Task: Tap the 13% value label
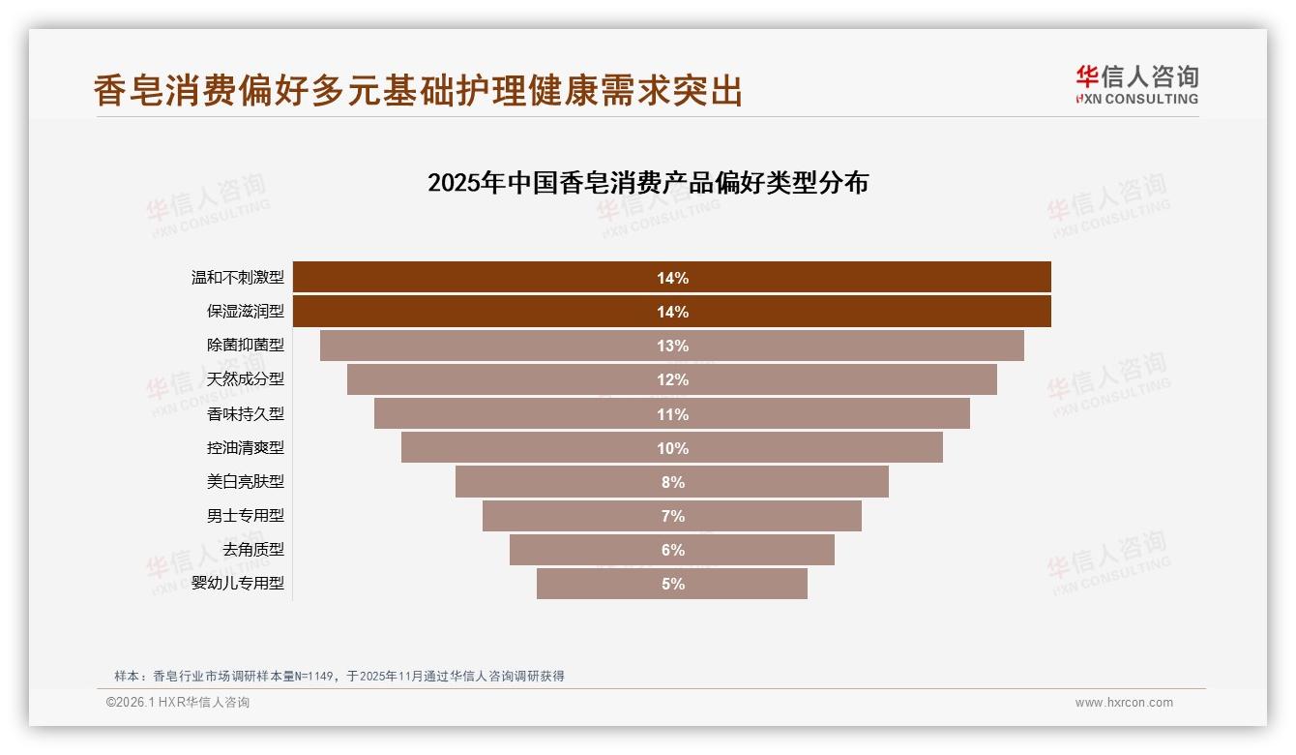coord(672,346)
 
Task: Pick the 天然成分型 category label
coord(246,379)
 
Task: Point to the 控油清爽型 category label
coord(246,448)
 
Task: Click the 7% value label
coord(672,516)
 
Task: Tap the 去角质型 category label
coord(253,550)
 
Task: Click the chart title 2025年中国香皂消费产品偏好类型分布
coord(648,183)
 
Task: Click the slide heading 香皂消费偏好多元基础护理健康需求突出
coord(418,90)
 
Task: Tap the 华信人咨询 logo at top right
coord(1136,84)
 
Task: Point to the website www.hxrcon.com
coord(1124,703)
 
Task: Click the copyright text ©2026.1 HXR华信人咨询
coord(178,703)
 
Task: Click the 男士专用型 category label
coord(246,516)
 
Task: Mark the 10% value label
coord(672,448)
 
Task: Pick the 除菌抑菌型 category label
coord(246,346)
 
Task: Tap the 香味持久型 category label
coord(246,414)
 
